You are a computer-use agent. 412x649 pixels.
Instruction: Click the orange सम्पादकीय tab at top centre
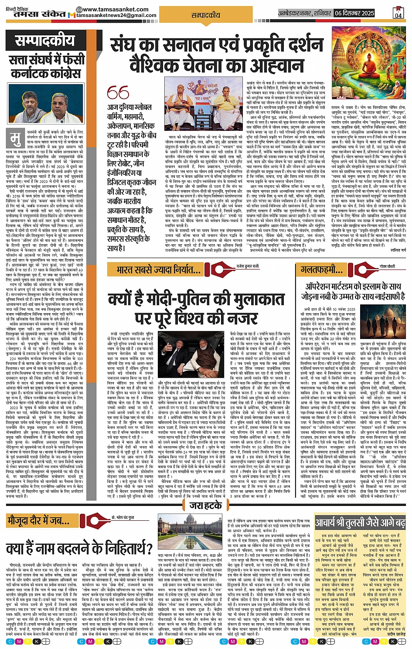pyautogui.click(x=206, y=15)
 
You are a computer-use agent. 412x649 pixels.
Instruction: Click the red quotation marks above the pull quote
pyautogui.click(x=118, y=92)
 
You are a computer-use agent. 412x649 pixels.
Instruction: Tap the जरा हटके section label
pyautogui.click(x=205, y=506)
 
